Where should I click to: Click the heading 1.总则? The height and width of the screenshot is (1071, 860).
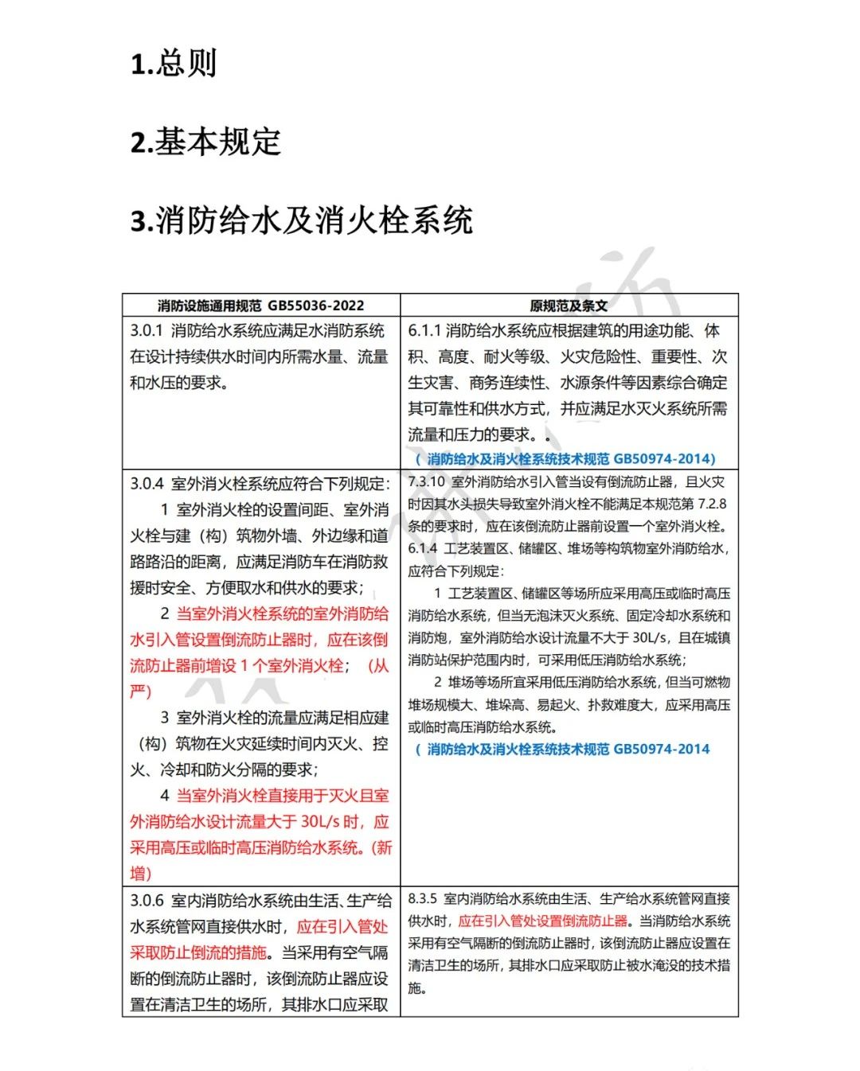174,64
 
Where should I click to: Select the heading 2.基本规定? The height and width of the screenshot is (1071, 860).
205,142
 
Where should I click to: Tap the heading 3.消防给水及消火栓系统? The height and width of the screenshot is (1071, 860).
301,220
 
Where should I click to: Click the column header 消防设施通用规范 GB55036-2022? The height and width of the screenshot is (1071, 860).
260,306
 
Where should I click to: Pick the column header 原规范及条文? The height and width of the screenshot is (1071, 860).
569,306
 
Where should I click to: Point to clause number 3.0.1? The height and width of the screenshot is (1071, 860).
147,331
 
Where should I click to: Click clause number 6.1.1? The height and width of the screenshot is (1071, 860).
424,331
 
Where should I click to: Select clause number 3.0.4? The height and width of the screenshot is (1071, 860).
147,484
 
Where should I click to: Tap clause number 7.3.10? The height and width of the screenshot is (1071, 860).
427,482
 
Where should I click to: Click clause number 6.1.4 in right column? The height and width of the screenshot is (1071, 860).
423,549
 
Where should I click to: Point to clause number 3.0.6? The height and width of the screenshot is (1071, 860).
147,901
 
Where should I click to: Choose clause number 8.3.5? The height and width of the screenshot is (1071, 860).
423,899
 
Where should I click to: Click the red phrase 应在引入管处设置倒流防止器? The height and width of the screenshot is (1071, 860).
543,921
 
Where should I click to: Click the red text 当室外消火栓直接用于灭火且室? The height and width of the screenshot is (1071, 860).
283,796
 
